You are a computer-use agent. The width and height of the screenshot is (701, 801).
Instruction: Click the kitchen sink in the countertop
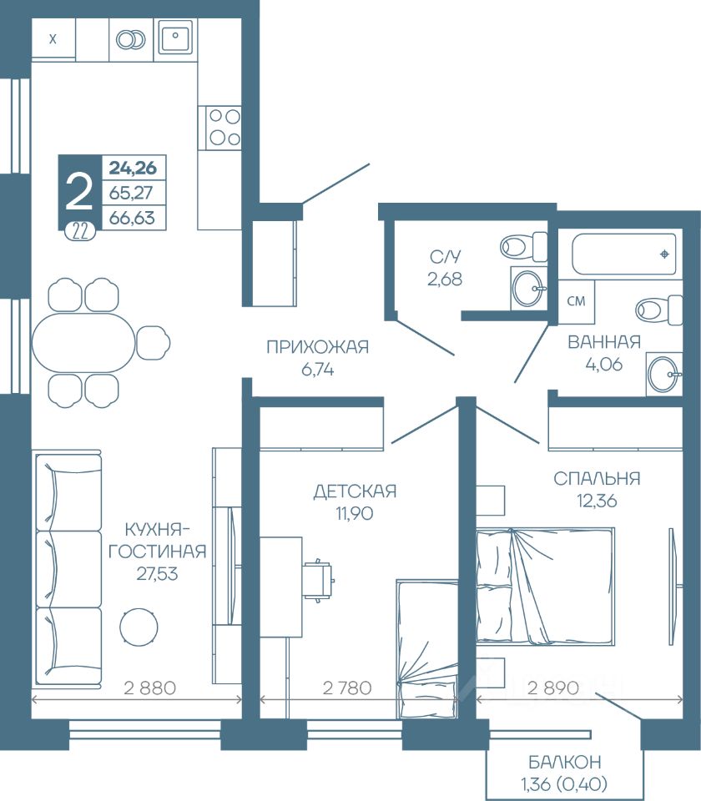click(175, 36)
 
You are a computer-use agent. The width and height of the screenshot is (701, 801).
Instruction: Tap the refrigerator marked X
click(53, 39)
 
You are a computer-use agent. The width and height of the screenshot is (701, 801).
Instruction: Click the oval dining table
click(83, 342)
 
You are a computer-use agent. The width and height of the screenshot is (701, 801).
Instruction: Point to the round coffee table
click(139, 627)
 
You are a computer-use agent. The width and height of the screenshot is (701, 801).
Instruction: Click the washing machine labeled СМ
click(576, 301)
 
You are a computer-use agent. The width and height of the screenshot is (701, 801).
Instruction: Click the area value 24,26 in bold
click(133, 168)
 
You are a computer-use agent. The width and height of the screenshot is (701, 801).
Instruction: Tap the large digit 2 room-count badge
click(79, 192)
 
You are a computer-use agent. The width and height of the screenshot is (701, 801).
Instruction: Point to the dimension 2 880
click(149, 688)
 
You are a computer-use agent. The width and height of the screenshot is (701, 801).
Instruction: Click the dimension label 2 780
click(347, 688)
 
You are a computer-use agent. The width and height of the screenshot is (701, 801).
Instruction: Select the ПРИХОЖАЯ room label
click(317, 347)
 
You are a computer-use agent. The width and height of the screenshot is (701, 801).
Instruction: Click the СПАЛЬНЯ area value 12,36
click(598, 501)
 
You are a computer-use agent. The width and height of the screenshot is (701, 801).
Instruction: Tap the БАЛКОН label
click(565, 762)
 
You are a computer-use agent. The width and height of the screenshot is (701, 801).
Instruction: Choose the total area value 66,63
click(132, 218)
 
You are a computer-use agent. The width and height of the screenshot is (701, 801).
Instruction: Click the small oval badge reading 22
click(80, 233)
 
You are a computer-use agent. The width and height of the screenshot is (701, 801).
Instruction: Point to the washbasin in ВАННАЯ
click(663, 374)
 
